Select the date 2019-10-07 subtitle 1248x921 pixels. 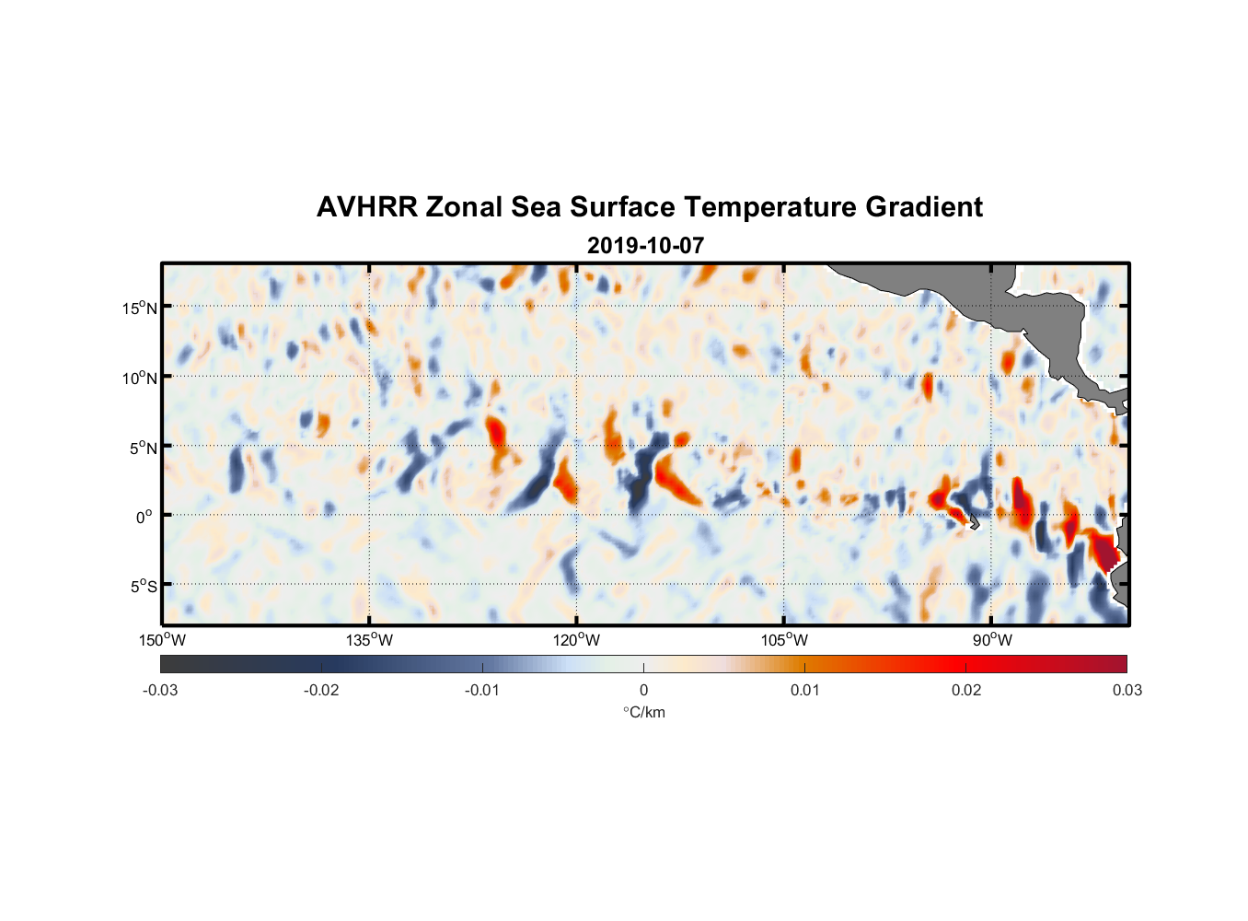point(645,246)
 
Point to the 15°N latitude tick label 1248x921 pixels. point(140,308)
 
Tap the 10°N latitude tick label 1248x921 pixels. point(140,378)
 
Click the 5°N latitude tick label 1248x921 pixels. point(144,448)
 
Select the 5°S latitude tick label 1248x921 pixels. point(144,587)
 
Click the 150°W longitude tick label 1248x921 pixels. point(163,640)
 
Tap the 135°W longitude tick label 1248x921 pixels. point(370,640)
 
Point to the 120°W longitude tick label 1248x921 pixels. point(577,640)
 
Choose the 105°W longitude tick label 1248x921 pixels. point(784,640)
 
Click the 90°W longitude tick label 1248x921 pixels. point(991,640)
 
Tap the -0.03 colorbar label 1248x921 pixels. point(160,691)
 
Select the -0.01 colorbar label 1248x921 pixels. point(482,691)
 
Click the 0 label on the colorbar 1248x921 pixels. point(643,691)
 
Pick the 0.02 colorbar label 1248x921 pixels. point(966,691)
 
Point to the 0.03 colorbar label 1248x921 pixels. point(1127,691)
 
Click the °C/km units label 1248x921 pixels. point(644,712)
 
